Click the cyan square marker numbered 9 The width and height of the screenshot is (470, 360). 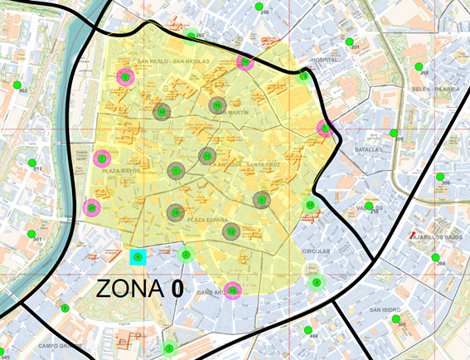138,257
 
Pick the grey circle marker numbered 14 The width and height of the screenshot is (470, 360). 162,112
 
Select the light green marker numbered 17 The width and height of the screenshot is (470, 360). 311,205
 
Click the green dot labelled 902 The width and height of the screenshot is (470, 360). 17,84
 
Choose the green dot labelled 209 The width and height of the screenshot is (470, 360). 393,133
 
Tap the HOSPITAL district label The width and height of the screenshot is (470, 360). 325,61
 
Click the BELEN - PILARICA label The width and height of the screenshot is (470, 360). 435,87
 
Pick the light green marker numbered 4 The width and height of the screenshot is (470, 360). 317,282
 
